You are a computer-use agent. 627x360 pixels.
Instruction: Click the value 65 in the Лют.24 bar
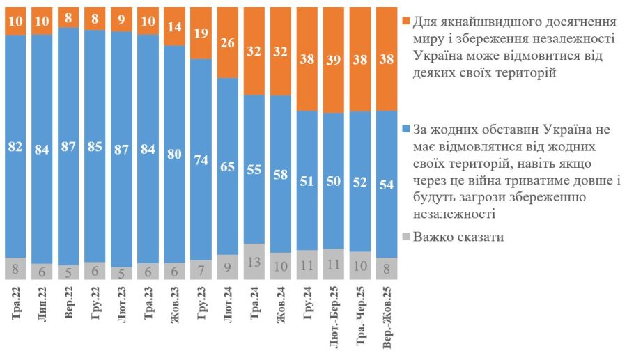point(228,166)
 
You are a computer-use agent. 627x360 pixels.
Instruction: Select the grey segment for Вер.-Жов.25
point(387,268)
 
